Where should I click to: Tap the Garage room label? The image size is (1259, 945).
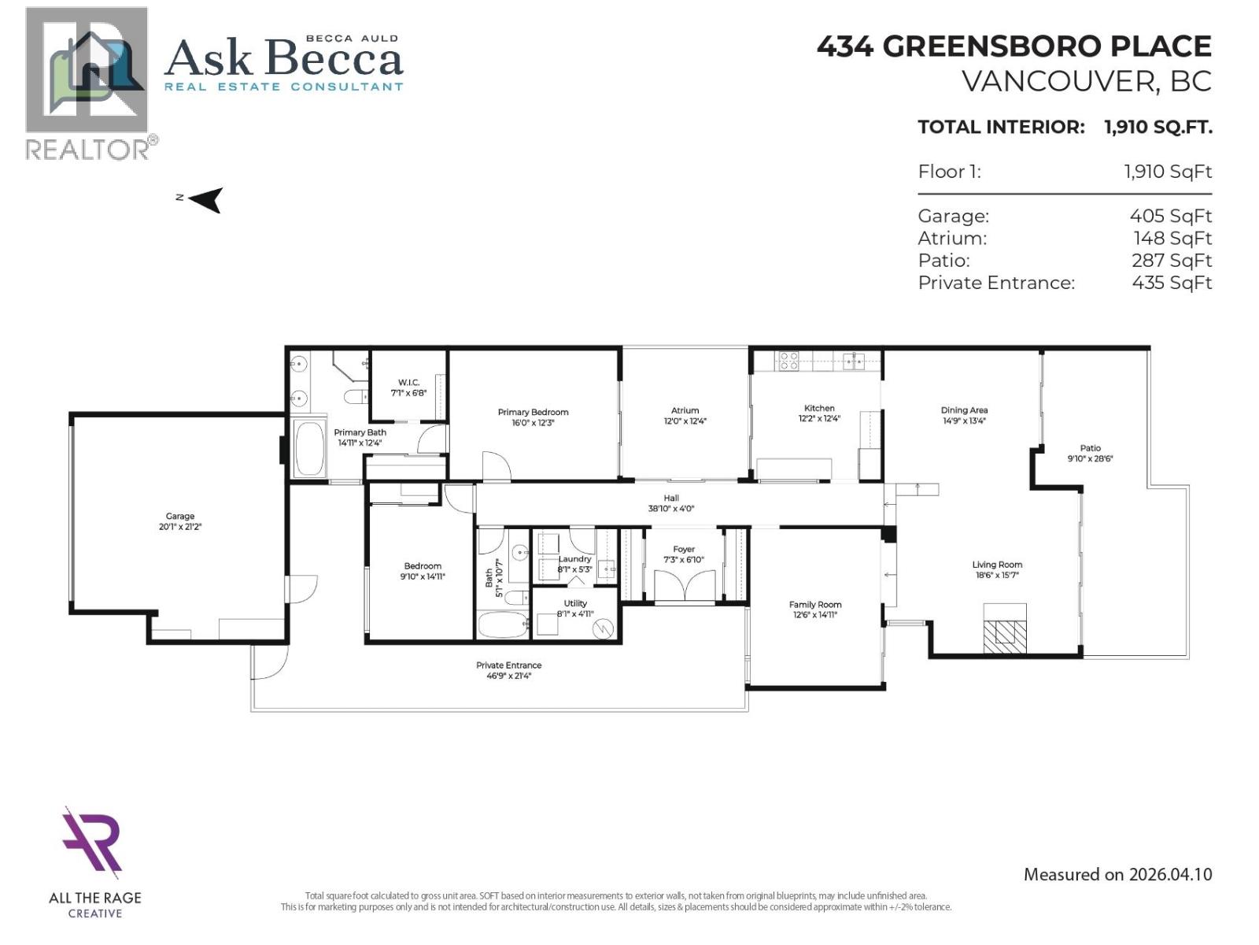180,517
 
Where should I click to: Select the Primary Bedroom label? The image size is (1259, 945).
533,412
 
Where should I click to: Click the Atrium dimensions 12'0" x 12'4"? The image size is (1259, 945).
685,421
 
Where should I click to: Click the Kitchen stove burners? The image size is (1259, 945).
788,361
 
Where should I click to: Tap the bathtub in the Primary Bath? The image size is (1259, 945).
308,449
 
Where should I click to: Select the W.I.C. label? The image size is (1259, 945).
408,382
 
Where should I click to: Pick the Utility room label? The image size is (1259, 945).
575,603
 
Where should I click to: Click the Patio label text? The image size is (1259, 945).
1090,448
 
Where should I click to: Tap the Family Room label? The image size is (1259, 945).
815,605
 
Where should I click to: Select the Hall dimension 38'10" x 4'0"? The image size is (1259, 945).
670,509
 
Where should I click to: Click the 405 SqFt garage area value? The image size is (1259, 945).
1170,216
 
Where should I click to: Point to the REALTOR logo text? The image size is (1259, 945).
87,150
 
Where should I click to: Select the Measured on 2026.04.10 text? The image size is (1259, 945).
1117,874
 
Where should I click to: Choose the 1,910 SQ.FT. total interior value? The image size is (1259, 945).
1157,127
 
